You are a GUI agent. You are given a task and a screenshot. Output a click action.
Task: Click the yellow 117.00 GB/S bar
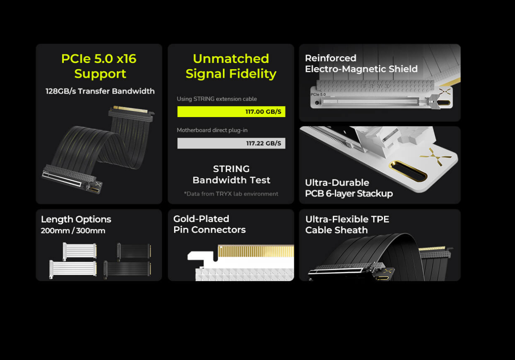[231, 112]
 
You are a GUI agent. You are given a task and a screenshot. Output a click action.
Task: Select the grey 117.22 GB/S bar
[231, 143]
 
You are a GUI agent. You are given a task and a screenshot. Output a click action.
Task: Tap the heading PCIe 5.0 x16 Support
[99, 66]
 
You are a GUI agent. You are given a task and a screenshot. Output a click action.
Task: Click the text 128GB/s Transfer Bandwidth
[100, 91]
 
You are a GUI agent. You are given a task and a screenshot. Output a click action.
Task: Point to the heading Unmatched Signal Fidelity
[231, 66]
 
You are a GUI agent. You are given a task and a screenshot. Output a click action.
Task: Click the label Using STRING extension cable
[217, 99]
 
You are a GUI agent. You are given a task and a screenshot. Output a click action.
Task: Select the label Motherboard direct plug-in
[212, 130]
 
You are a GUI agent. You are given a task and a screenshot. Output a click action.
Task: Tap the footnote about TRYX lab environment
[231, 194]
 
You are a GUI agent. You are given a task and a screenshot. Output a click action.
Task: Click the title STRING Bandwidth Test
[231, 175]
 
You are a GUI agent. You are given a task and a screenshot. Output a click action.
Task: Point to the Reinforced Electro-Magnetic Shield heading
[361, 63]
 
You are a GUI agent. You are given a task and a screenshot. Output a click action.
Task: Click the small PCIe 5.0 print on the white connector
[318, 94]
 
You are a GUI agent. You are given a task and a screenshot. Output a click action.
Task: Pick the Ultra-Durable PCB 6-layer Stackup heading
[349, 188]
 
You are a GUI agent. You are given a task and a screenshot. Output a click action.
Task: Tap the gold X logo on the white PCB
[436, 157]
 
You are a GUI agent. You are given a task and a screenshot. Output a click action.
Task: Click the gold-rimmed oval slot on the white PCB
[408, 171]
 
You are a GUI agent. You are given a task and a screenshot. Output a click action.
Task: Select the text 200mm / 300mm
[73, 231]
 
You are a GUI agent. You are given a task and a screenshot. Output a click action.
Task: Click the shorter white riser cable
[80, 251]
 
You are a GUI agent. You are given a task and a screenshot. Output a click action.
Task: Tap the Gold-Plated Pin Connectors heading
[209, 224]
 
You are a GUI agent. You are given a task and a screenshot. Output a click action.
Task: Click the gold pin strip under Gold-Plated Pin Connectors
[256, 251]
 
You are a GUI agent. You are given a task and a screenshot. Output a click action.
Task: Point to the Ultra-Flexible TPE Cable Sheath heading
[347, 224]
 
